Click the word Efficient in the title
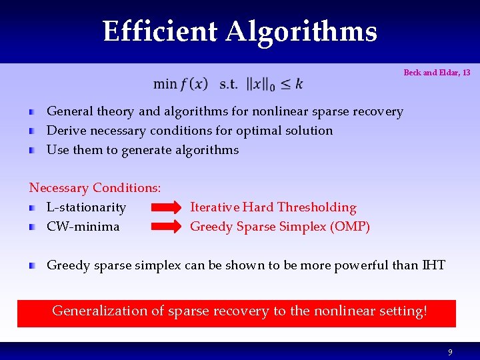(160, 31)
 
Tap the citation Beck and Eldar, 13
(437, 73)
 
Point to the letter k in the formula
(299, 83)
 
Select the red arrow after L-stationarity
(166, 208)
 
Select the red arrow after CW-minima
(166, 227)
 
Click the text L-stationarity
(86, 208)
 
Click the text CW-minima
(83, 227)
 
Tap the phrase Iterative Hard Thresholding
(273, 207)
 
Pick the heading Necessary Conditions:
(95, 189)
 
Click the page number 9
(450, 351)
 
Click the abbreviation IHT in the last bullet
(433, 265)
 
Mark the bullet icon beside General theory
(32, 112)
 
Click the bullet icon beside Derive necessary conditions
(32, 131)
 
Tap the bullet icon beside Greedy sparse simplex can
(32, 266)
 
